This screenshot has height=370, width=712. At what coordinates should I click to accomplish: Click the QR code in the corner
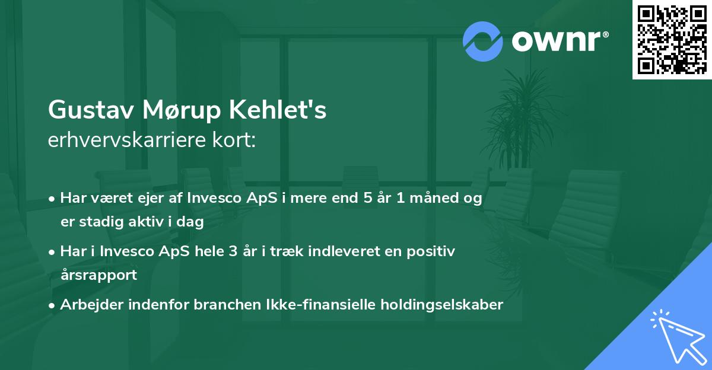(672, 40)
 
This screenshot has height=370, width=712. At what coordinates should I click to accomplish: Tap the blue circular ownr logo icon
(483, 42)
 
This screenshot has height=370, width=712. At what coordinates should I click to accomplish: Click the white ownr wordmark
(560, 41)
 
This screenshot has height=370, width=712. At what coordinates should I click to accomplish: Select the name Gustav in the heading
(91, 110)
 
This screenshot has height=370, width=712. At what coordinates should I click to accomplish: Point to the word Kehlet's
(278, 110)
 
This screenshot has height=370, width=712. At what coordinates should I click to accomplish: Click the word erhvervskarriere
(127, 140)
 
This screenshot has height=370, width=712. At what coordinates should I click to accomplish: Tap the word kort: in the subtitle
(234, 140)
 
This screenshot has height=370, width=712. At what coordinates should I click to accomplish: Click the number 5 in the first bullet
(368, 198)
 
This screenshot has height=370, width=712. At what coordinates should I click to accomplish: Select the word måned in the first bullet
(434, 198)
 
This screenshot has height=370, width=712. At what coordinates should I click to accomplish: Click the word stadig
(101, 222)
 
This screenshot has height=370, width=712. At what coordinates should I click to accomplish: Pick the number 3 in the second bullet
(233, 251)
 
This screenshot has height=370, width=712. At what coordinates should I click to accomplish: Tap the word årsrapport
(99, 275)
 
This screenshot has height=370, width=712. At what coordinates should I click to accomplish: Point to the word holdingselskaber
(442, 305)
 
